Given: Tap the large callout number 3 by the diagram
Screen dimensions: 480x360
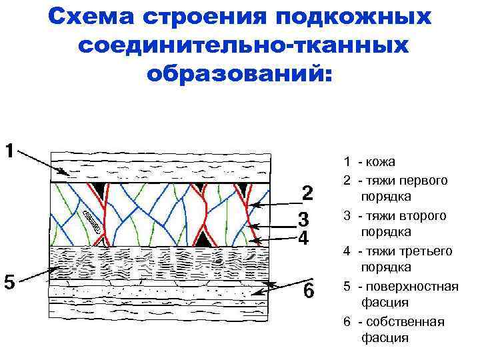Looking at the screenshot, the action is [x=303, y=219].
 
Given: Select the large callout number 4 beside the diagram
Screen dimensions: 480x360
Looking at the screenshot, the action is [x=303, y=238].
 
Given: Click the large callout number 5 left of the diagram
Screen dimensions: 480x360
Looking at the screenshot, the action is [x=9, y=282].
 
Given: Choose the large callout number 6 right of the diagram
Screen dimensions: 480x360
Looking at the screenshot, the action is [x=307, y=291].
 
